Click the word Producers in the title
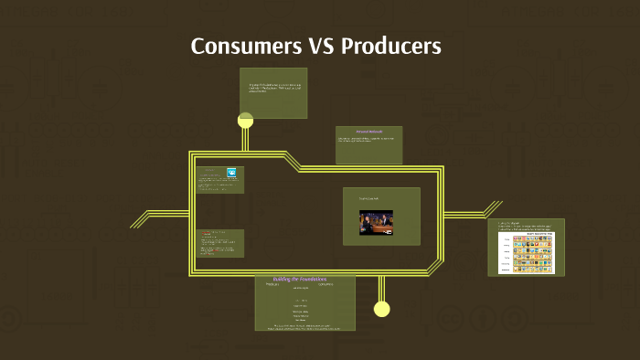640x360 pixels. pyautogui.click(x=390, y=46)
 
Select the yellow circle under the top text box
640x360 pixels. pyautogui.click(x=245, y=120)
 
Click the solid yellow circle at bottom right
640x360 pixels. pyautogui.click(x=381, y=309)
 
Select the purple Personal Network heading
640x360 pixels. pyautogui.click(x=369, y=132)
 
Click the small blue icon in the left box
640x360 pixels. pyautogui.click(x=231, y=172)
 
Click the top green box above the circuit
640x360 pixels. pyautogui.click(x=272, y=92)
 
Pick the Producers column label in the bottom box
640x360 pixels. pyautogui.click(x=272, y=284)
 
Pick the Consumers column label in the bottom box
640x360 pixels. pyautogui.click(x=325, y=284)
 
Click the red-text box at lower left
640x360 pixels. pyautogui.click(x=219, y=243)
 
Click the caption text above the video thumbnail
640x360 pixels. pyautogui.click(x=368, y=198)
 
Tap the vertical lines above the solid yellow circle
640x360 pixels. pyautogui.click(x=381, y=289)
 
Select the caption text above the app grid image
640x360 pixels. pyautogui.click(x=527, y=226)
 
